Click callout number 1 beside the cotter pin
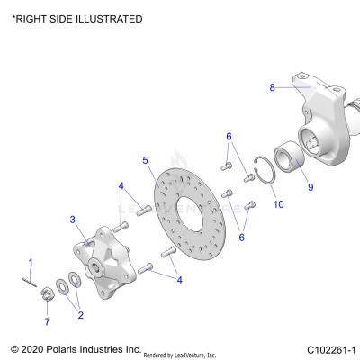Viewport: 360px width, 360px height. (x=30, y=262)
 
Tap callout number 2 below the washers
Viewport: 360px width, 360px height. (x=80, y=315)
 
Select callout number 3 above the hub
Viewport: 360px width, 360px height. (x=73, y=219)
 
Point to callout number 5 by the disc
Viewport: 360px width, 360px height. (x=145, y=160)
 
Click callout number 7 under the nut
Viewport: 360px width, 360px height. (x=48, y=321)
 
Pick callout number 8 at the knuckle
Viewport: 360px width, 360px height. (x=272, y=87)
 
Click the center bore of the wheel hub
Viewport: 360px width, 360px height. (x=94, y=267)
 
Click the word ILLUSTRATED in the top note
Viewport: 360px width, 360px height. (x=105, y=19)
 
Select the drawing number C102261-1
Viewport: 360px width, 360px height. (x=331, y=348)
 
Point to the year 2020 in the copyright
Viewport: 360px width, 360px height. (x=32, y=348)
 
